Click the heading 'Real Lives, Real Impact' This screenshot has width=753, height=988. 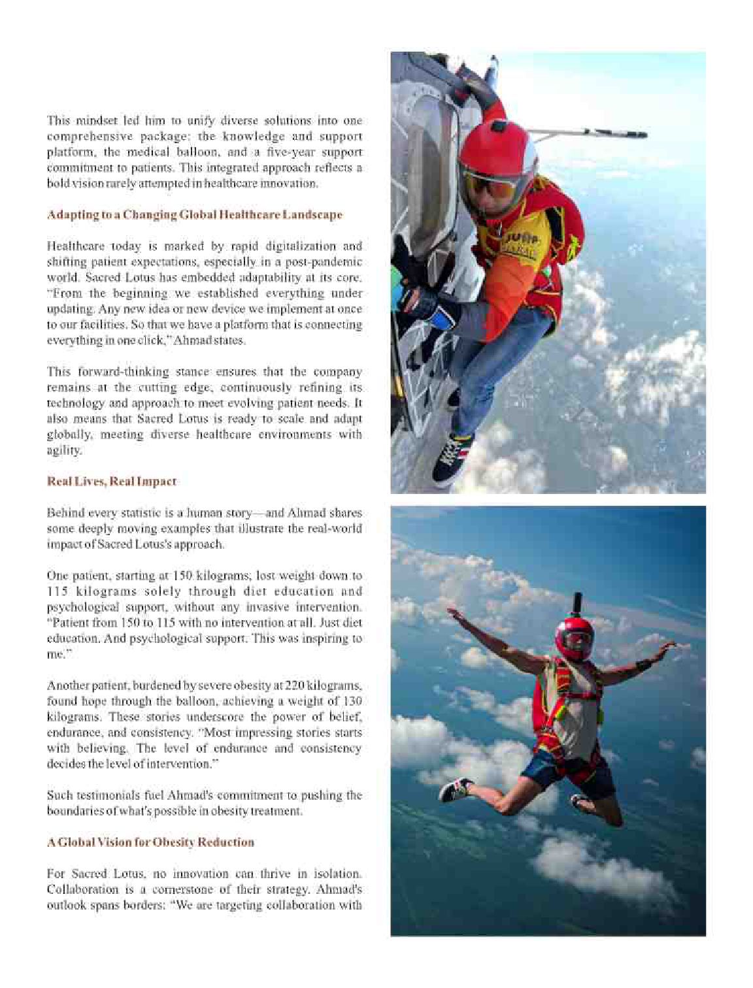coord(111,482)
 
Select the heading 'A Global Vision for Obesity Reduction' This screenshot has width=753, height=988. coord(150,842)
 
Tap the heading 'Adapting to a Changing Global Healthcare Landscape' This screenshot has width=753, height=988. coord(194,215)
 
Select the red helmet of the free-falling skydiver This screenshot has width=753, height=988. coord(575,637)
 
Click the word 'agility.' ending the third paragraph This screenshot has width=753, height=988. coord(64,450)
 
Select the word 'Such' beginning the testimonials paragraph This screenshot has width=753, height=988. coord(59,795)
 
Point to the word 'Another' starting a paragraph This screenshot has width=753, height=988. coord(67,685)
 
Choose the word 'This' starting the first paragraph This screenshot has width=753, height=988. coord(58,121)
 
